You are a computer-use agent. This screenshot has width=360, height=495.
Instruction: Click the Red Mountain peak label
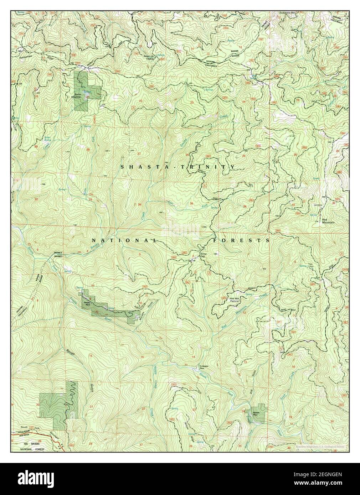pyautogui.click(x=328, y=221)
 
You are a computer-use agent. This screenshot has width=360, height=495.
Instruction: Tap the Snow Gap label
pyautogui.click(x=203, y=256)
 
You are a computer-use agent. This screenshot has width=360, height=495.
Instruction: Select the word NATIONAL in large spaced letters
pyautogui.click(x=124, y=240)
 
